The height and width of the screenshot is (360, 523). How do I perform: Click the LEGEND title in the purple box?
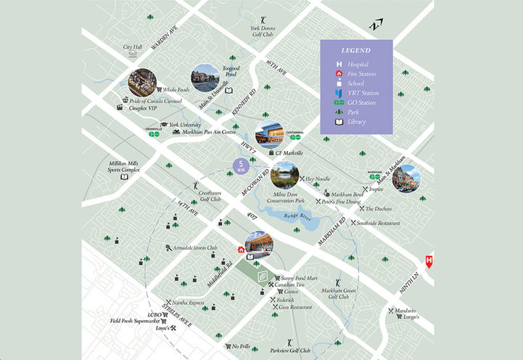356,51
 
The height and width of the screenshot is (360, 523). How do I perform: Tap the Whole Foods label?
176,89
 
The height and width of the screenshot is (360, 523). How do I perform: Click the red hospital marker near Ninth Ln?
429,261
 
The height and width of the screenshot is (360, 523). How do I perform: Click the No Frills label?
241,346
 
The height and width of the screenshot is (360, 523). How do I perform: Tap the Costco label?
284,291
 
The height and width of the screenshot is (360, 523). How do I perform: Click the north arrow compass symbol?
374,25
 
